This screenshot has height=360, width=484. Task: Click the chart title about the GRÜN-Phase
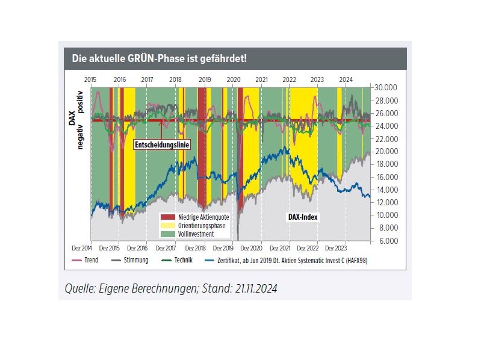(160, 59)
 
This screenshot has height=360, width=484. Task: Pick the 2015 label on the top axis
(91, 79)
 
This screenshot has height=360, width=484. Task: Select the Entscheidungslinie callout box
(158, 144)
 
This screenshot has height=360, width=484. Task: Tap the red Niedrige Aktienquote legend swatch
(167, 217)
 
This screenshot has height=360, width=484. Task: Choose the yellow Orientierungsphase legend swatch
(167, 225)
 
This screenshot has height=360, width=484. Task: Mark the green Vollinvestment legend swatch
(167, 234)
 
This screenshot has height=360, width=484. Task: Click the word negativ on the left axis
(81, 134)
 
